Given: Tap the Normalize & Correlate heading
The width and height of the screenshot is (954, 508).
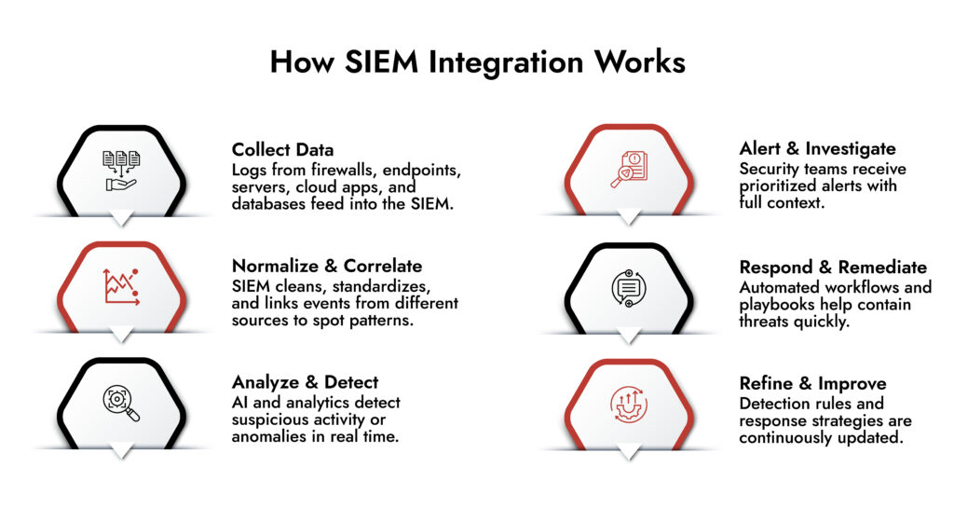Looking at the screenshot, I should pyautogui.click(x=326, y=266).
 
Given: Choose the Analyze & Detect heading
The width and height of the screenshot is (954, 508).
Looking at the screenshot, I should pyautogui.click(x=305, y=382).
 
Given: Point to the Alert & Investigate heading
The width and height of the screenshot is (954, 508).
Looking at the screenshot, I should pyautogui.click(x=817, y=149).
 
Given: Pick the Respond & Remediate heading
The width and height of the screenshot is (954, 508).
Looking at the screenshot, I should pyautogui.click(x=833, y=267).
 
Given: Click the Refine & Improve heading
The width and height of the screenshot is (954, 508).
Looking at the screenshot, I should pyautogui.click(x=812, y=383).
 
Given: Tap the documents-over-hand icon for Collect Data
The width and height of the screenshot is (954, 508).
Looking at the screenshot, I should pyautogui.click(x=121, y=171).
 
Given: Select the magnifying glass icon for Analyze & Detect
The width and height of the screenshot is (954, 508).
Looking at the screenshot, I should pyautogui.click(x=121, y=403).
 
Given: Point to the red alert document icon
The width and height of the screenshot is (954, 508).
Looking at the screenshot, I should pyautogui.click(x=629, y=171).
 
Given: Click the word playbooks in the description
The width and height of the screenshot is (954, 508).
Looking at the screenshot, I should pyautogui.click(x=777, y=305).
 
